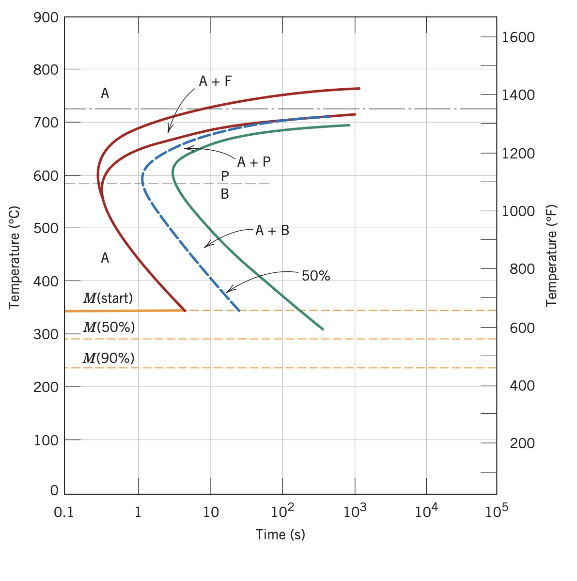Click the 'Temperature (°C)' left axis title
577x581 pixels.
pyautogui.click(x=15, y=257)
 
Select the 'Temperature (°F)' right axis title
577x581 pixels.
pyautogui.click(x=551, y=255)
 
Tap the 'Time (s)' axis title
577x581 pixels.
pyautogui.click(x=280, y=534)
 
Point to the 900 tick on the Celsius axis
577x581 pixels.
pyautogui.click(x=46, y=18)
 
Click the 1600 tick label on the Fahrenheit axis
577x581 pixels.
pyautogui.click(x=518, y=37)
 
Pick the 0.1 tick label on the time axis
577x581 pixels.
pyautogui.click(x=63, y=512)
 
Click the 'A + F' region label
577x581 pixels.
pyautogui.click(x=215, y=81)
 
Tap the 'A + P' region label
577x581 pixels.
pyautogui.click(x=253, y=162)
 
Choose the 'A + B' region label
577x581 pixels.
pyautogui.click(x=272, y=231)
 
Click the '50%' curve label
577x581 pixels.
pyautogui.click(x=315, y=276)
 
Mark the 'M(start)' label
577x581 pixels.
pyautogui.click(x=108, y=298)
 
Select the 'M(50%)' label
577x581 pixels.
pyautogui.click(x=109, y=328)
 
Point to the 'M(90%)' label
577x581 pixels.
pyautogui.click(x=109, y=359)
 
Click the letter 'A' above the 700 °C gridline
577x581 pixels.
pyautogui.click(x=105, y=94)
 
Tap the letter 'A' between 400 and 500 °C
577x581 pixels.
pyautogui.click(x=105, y=258)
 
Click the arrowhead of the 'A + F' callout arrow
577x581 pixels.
pyautogui.click(x=169, y=131)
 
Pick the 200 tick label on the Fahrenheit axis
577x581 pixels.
pyautogui.click(x=522, y=443)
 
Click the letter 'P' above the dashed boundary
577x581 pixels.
pyautogui.click(x=225, y=176)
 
